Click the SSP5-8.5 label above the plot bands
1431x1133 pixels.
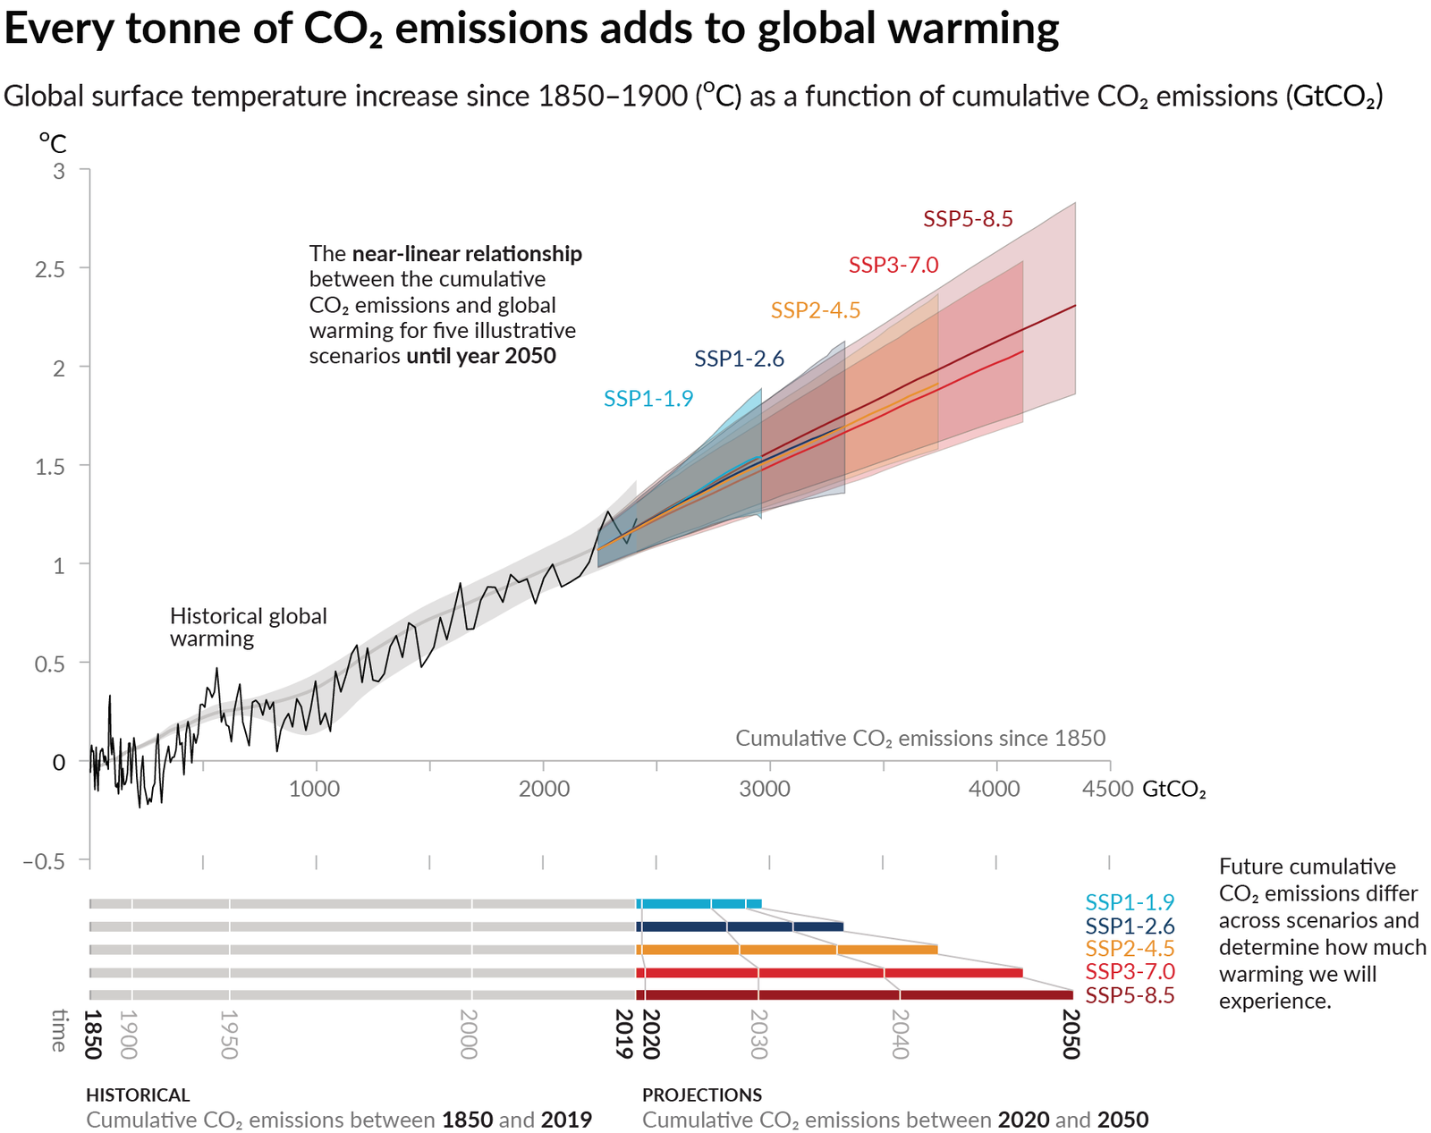[968, 219]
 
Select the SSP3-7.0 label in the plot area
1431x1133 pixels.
[893, 265]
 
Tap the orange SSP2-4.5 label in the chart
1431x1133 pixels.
[816, 310]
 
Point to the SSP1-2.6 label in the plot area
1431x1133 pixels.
[739, 359]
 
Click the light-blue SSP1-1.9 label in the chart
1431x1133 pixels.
[648, 399]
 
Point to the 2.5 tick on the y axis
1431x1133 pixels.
[50, 269]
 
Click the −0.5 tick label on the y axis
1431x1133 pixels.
[44, 862]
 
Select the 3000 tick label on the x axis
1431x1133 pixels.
[766, 789]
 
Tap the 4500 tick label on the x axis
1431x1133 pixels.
[1107, 789]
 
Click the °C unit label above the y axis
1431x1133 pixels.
[53, 143]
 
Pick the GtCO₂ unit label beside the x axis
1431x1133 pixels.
[1173, 790]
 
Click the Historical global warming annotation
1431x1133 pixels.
[248, 627]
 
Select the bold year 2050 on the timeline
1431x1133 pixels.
[1071, 1034]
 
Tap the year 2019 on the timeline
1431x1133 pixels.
[624, 1034]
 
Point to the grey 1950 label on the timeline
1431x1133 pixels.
[229, 1035]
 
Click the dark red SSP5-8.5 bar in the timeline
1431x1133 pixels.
[854, 995]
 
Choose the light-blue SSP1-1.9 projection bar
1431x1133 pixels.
[699, 904]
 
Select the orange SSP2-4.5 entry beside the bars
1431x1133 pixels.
[1130, 949]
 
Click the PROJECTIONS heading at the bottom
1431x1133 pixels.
[702, 1095]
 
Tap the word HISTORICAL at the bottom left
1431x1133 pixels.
[138, 1095]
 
